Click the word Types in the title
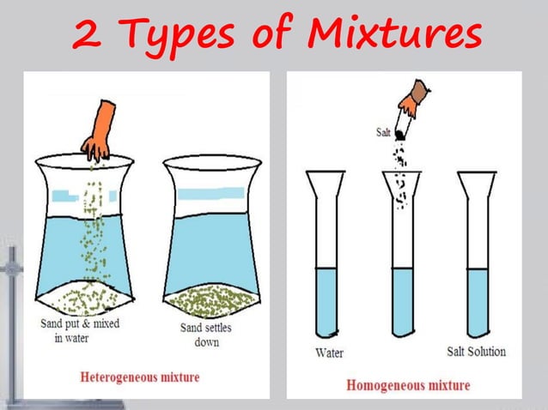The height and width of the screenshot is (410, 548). (x=177, y=36)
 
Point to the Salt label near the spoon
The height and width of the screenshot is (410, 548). (x=383, y=133)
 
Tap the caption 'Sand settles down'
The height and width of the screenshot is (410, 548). (x=205, y=335)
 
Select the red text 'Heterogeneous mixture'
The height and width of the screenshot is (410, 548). (x=139, y=377)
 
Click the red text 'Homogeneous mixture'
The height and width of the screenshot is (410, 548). (x=408, y=385)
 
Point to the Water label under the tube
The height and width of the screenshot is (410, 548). (x=330, y=353)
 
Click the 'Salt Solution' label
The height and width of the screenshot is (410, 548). (x=476, y=352)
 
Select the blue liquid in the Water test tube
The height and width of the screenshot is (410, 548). (x=326, y=300)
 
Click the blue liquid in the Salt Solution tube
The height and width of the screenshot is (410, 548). (x=478, y=300)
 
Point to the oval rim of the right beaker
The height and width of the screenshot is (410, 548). (x=211, y=162)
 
